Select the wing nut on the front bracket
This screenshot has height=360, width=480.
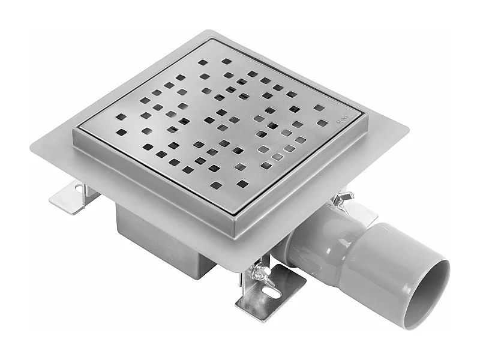(x=260, y=273)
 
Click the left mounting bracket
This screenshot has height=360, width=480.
(x=71, y=197)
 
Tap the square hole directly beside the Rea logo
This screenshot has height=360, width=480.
(x=322, y=123)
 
